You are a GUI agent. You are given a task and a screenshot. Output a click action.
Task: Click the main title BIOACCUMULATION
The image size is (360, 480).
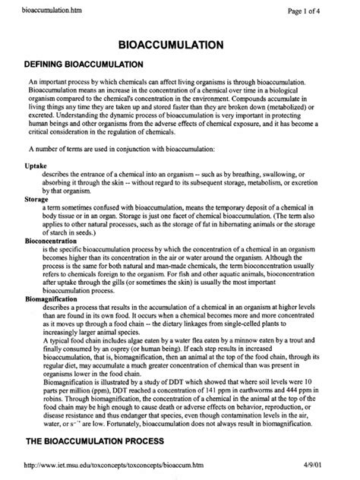point(180,46)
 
